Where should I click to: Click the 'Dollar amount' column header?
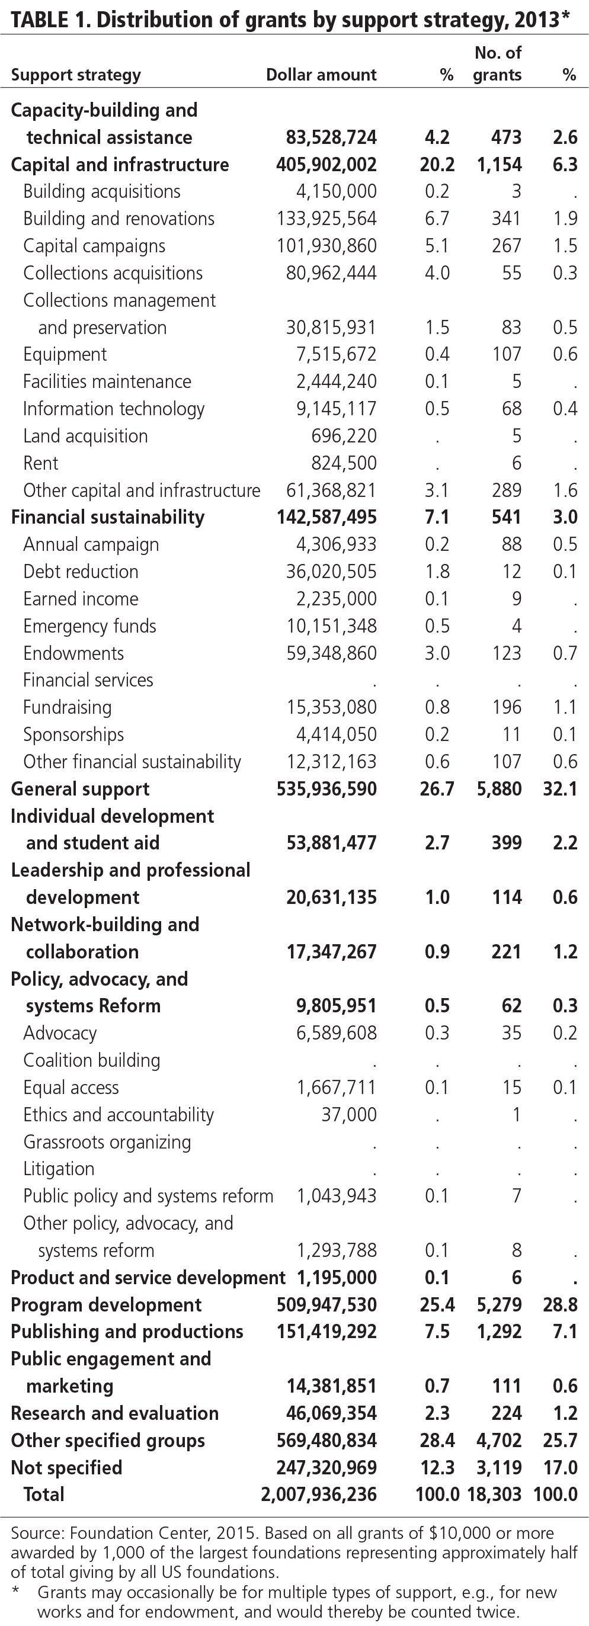click(321, 75)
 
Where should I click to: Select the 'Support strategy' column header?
click(76, 76)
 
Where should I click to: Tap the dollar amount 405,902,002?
click(326, 165)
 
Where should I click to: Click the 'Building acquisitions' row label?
click(102, 192)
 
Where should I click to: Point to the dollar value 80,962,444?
click(326, 273)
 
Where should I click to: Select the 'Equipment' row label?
click(65, 355)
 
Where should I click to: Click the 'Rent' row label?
click(40, 463)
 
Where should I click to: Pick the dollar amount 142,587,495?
click(326, 518)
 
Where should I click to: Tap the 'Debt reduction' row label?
click(81, 572)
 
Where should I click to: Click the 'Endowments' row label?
click(73, 653)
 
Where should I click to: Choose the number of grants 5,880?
click(499, 789)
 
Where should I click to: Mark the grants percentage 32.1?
click(560, 789)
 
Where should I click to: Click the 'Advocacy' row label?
click(60, 1033)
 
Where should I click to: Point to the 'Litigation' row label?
click(59, 1169)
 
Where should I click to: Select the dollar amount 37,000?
click(348, 1115)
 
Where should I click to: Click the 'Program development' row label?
click(106, 1305)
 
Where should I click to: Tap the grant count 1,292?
click(499, 1332)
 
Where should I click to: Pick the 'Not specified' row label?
click(66, 1468)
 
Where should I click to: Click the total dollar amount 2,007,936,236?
click(318, 1494)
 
